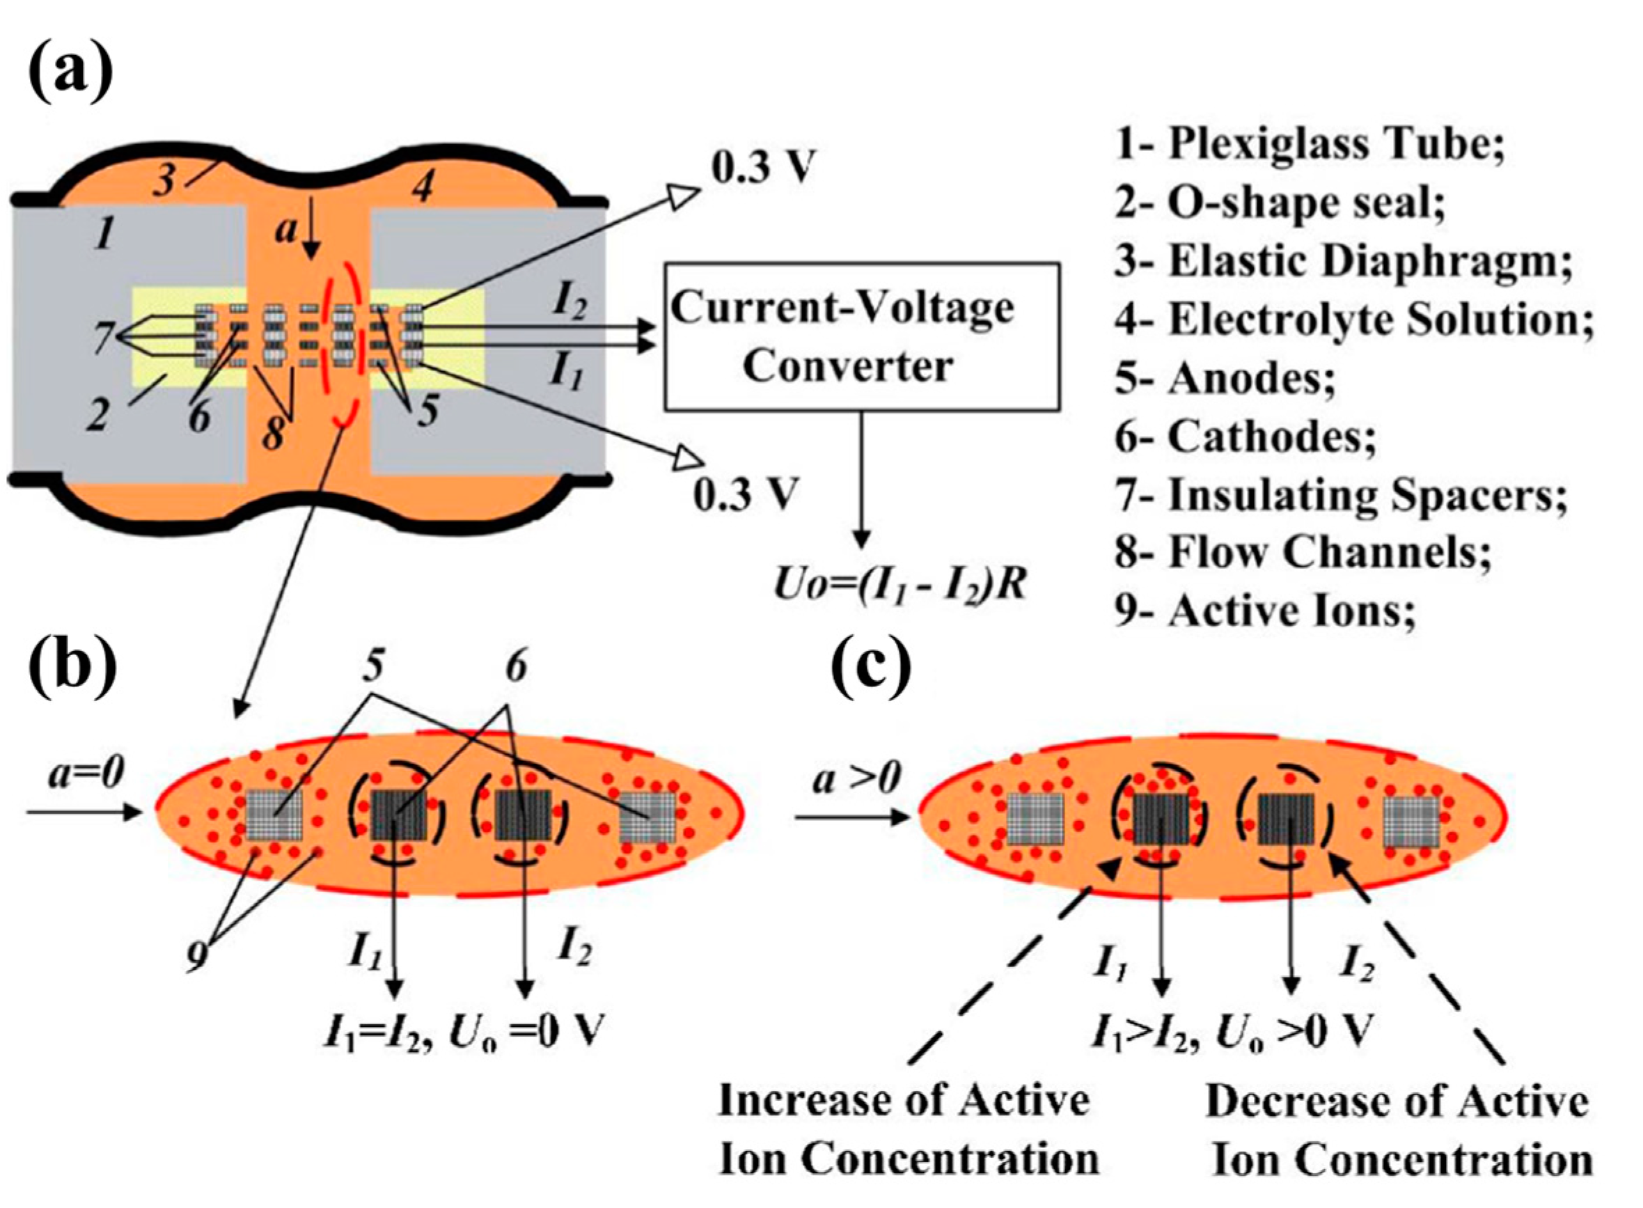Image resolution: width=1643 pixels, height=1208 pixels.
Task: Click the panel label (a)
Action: pos(70,71)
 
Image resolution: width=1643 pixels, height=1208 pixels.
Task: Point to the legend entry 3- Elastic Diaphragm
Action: pos(1342,262)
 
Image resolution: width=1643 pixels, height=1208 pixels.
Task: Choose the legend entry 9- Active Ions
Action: pos(1265,611)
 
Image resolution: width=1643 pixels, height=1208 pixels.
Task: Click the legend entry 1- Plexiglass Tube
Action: pos(1309,144)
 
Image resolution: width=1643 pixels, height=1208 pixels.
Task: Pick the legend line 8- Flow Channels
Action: pos(1303,552)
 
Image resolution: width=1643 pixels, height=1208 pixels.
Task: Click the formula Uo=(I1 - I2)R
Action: pos(900,585)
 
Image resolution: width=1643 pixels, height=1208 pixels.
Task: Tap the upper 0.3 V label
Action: pos(762,168)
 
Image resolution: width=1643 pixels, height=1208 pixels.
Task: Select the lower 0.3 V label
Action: pos(744,494)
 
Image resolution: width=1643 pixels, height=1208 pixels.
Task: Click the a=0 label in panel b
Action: pos(86,773)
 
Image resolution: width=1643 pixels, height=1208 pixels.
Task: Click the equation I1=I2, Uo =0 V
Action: pos(464,1032)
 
